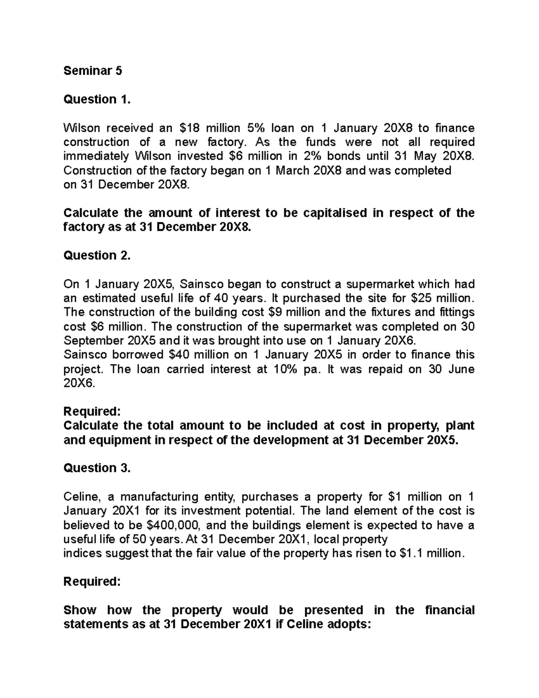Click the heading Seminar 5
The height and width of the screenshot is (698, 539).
pos(93,71)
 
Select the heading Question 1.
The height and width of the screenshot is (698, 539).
pos(97,99)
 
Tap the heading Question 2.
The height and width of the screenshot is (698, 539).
pos(97,255)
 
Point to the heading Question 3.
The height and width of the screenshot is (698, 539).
pos(97,468)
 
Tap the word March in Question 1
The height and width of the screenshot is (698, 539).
pos(292,171)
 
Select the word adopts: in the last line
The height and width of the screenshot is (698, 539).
pos(346,624)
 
